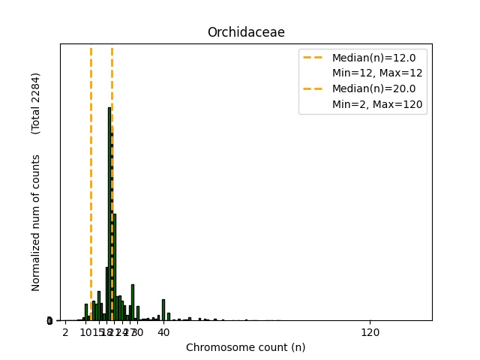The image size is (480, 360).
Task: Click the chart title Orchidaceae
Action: click(x=246, y=32)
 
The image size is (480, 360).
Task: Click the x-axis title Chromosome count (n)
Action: click(x=246, y=347)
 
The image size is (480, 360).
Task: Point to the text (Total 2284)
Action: click(x=36, y=103)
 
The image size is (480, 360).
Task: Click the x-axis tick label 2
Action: click(x=65, y=331)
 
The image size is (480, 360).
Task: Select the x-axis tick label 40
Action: click(x=163, y=331)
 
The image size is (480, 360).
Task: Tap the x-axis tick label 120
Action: click(x=370, y=331)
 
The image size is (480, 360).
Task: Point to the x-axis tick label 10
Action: click(x=85, y=331)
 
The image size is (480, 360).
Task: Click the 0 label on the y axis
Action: click(x=49, y=321)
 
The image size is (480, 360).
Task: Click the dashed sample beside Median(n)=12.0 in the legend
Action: click(x=315, y=57)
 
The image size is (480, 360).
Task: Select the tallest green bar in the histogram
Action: click(x=109, y=217)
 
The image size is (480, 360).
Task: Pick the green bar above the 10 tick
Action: click(x=86, y=313)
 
